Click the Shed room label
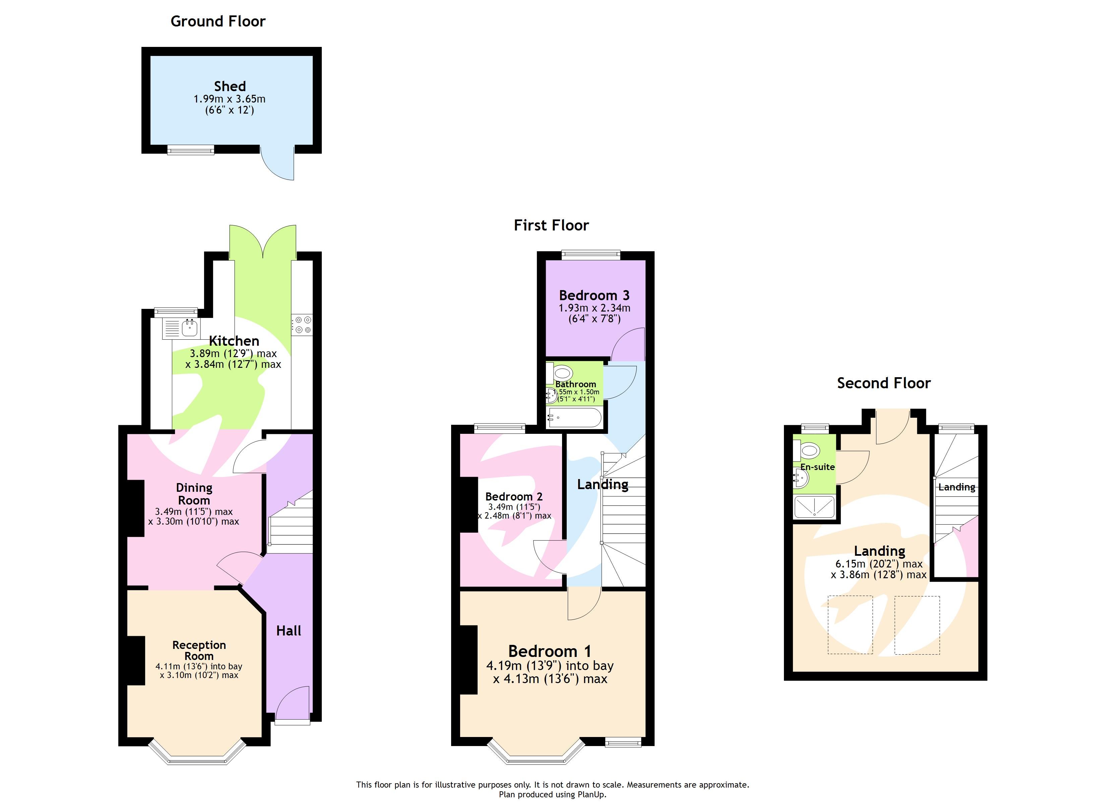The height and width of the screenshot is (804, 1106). tap(230, 86)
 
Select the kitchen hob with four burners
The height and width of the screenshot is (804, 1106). tap(302, 325)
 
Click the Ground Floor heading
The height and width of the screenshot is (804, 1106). tap(218, 21)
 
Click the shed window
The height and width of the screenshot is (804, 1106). tap(191, 150)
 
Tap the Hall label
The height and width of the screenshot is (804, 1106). tap(289, 630)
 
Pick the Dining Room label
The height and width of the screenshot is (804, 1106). tap(194, 493)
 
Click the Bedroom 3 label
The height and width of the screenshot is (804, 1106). tap(594, 295)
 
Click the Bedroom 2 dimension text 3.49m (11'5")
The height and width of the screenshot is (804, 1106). tap(514, 507)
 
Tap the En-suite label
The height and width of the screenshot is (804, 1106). tap(817, 467)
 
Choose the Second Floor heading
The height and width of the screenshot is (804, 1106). tap(884, 383)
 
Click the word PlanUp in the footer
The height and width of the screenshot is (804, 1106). tap(592, 794)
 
